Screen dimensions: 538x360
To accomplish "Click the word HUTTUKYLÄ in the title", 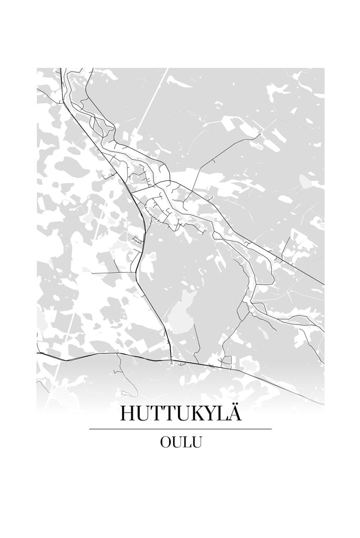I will tap(180, 414).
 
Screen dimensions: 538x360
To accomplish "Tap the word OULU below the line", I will tap(180, 442).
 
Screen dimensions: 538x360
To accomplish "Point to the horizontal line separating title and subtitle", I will tap(180, 429).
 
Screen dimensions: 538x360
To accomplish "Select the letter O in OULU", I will tap(165, 442).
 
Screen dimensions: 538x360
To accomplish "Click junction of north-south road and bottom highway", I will tap(171, 361).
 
